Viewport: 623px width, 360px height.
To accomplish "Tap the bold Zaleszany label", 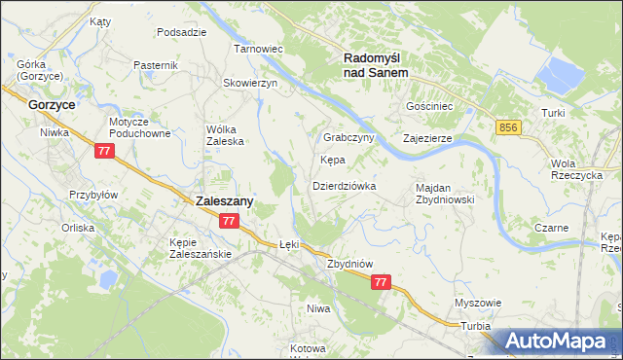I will tap(225, 200).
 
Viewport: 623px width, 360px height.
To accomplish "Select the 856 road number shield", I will tap(507, 127).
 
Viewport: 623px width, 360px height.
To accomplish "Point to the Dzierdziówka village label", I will tap(344, 185).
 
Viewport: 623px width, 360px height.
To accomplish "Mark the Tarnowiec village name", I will tap(257, 48).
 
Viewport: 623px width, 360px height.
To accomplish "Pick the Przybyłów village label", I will tap(93, 195).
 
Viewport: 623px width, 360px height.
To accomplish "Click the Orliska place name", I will tap(77, 228).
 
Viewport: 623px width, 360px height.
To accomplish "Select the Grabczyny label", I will tap(349, 138).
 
